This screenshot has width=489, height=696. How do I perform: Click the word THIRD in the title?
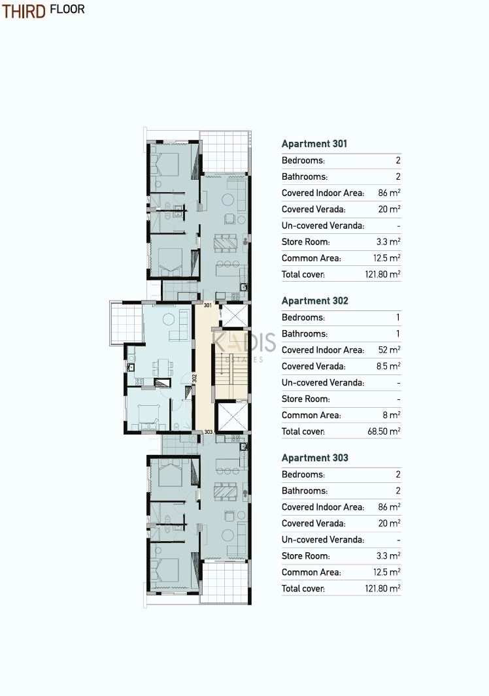pyautogui.click(x=24, y=11)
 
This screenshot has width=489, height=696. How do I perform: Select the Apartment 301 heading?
pyautogui.click(x=314, y=144)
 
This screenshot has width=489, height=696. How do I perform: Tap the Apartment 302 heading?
pyautogui.click(x=314, y=301)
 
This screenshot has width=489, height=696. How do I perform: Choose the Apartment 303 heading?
pyautogui.click(x=314, y=458)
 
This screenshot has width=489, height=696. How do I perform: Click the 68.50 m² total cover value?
pyautogui.click(x=384, y=431)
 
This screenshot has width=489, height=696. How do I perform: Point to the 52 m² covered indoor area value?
pyautogui.click(x=389, y=350)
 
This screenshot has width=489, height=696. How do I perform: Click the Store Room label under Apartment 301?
pyautogui.click(x=305, y=242)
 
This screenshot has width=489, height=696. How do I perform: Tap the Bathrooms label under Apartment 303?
pyautogui.click(x=304, y=491)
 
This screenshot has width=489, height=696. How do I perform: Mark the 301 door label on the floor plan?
pyautogui.click(x=208, y=305)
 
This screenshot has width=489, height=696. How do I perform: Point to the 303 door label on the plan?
pyautogui.click(x=208, y=432)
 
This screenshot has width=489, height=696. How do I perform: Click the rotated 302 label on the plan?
pyautogui.click(x=195, y=378)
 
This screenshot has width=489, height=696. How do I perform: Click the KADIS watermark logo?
pyautogui.click(x=243, y=342)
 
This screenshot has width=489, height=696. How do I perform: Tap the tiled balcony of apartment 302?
pyautogui.click(x=126, y=323)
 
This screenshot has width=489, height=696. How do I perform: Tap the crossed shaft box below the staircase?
pyautogui.click(x=231, y=416)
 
